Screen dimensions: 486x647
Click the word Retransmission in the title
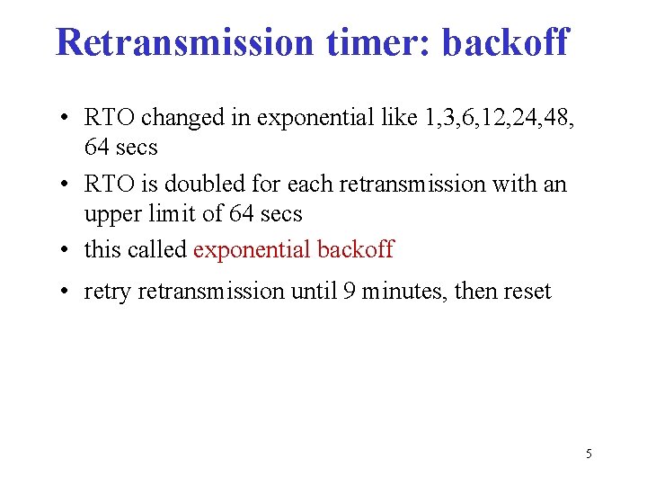pos(182,41)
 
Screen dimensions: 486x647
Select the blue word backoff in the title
pos(505,41)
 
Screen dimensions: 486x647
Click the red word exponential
pos(253,249)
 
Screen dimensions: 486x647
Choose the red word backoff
pos(356,249)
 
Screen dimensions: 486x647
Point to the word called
pos(158,249)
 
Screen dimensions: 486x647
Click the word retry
pos(106,292)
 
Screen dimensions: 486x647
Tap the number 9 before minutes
pos(348,292)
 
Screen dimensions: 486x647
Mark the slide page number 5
pos(589,454)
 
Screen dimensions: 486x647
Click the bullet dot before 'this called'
pos(67,250)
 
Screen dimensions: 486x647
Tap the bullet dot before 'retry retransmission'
pos(67,292)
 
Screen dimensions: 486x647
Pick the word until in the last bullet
pos(313,292)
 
